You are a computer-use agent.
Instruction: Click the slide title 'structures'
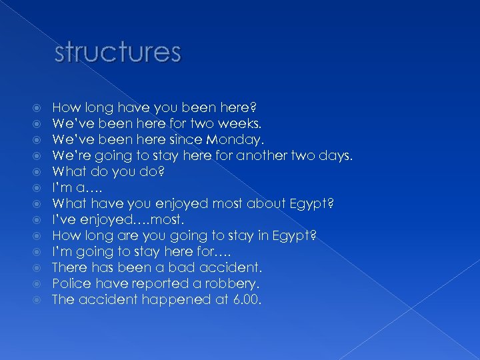(x=117, y=52)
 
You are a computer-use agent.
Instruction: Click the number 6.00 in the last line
(x=247, y=299)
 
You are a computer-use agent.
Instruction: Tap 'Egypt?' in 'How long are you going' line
(x=297, y=235)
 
